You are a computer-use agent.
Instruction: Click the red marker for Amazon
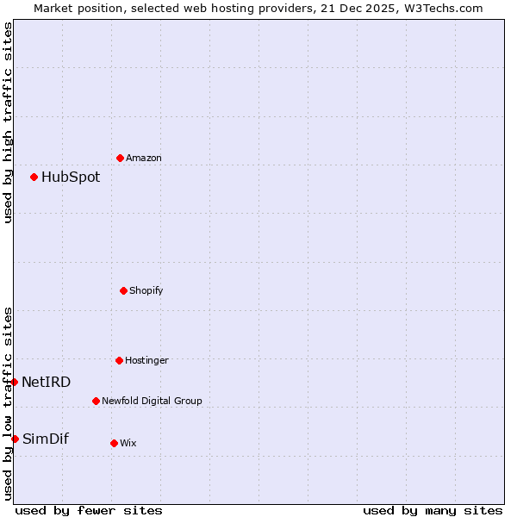pos(120,158)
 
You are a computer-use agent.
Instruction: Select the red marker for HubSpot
pos(34,177)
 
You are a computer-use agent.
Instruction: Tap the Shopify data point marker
pos(123,290)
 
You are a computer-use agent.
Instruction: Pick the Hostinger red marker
pos(119,360)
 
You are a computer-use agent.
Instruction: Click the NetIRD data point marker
pos(15,382)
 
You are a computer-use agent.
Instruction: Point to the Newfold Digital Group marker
pos(96,401)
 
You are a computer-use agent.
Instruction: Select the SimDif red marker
pos(15,439)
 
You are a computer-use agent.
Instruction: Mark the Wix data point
pos(114,443)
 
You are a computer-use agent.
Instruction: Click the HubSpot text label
pos(71,178)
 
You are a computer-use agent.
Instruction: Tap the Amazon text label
pos(144,159)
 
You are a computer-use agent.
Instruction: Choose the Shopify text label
pos(146,291)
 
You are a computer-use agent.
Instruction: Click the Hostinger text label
pos(147,361)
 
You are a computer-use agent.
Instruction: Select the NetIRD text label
pos(47,383)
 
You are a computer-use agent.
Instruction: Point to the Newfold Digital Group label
pos(152,402)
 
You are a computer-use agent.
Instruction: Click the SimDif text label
pos(46,439)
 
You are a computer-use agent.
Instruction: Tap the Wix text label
pos(128,444)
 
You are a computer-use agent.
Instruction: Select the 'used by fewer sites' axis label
pos(89,510)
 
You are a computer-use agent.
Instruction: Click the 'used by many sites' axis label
pos(433,510)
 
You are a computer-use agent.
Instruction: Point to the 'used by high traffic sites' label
pos(8,122)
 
